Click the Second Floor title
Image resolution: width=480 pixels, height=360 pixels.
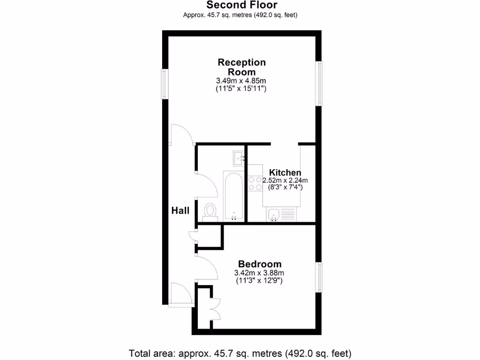coord(242,5)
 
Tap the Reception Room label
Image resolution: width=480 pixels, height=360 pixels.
coord(241,67)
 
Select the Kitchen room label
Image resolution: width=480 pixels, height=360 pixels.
coord(281,172)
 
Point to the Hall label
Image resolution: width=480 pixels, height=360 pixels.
coord(180,210)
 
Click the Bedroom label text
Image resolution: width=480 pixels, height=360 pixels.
coord(260,264)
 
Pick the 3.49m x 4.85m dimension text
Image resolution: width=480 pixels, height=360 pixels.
coord(241,81)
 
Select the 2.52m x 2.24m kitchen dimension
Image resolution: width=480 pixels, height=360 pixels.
coord(285,180)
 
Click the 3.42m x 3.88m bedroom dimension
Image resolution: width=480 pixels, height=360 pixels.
coord(260,273)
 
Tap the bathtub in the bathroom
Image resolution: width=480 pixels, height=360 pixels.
coord(233,195)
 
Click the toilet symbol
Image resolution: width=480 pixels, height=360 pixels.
coord(210,211)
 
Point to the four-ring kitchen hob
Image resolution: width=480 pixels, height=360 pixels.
coord(255,183)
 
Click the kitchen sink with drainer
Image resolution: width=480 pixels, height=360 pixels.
coord(282,215)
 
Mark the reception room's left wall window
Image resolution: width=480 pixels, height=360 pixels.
coord(165,84)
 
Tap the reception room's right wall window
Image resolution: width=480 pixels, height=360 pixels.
coord(319,83)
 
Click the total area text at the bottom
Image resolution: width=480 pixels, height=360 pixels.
coord(240,352)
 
